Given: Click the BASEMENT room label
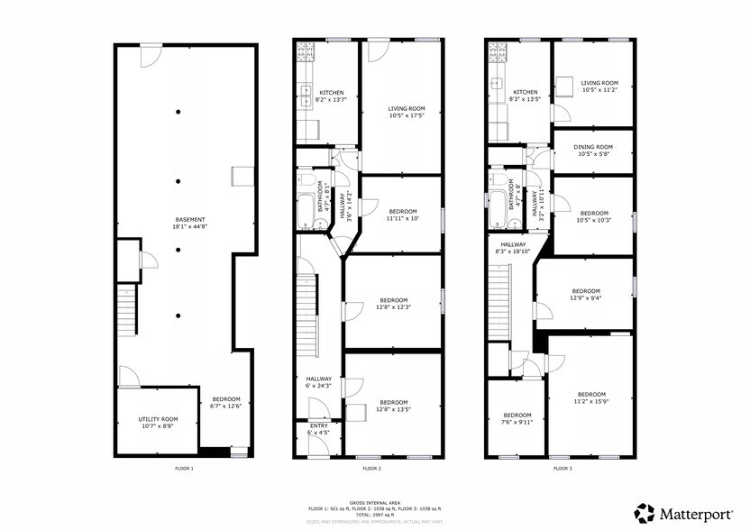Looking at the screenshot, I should coord(190,220).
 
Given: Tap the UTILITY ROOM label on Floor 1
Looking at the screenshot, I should coord(158,419).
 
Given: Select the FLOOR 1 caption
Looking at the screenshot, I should coord(184,469).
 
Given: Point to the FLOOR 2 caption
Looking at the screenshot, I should coord(371,469).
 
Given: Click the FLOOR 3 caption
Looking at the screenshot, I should coord(562,469).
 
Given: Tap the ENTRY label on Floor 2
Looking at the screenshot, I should coord(319,425).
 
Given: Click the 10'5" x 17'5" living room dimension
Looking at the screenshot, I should coord(406,115).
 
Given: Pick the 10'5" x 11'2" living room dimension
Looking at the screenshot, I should coord(600,90).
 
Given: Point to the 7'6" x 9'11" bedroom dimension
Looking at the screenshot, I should coord(517,421).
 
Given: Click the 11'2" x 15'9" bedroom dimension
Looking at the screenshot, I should coord(590,401).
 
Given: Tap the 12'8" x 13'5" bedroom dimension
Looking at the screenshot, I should coord(393,409).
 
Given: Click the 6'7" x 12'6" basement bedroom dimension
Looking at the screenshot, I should coord(226,406).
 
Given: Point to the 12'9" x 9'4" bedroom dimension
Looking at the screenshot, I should coord(586,298).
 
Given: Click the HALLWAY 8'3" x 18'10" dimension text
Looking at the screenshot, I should coord(512,251).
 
